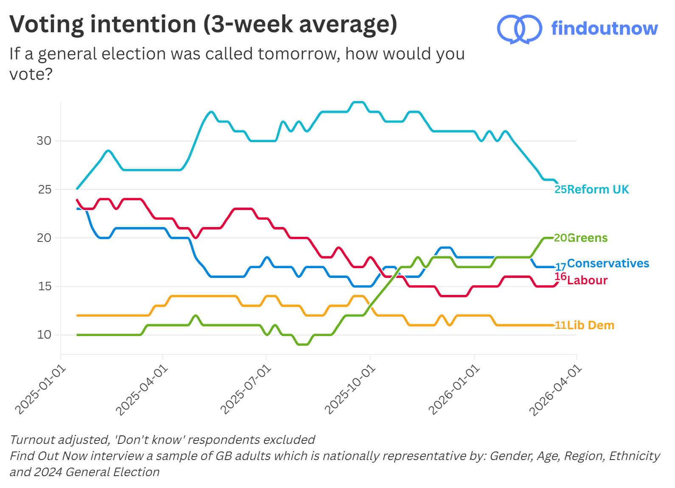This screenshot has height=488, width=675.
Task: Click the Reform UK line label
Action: (598, 190)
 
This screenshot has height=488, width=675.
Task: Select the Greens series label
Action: (588, 238)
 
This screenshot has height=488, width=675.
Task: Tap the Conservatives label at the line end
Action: (608, 264)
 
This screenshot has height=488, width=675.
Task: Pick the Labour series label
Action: (587, 280)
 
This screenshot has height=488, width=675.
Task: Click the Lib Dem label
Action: (591, 325)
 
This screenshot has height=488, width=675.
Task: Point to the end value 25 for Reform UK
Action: (560, 190)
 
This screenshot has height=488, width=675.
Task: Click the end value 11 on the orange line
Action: (560, 325)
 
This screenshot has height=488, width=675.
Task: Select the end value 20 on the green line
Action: (560, 238)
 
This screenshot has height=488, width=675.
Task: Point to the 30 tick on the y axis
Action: (44, 141)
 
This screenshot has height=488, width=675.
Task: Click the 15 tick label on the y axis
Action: (44, 286)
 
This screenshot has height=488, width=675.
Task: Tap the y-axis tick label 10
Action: (44, 335)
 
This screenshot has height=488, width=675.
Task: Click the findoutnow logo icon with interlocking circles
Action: (519, 29)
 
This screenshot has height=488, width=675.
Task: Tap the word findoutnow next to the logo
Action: (604, 28)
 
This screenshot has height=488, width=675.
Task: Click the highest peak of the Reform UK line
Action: (359, 102)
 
